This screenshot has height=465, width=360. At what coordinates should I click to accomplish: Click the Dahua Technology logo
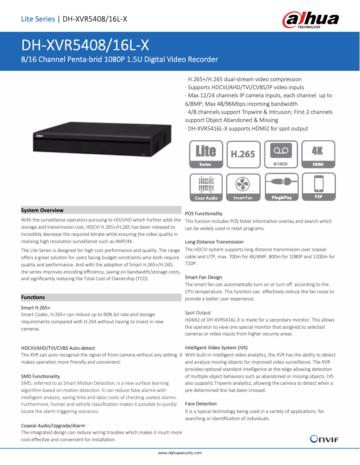click(x=310, y=20)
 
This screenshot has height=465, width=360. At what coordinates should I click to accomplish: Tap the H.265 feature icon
click(x=243, y=155)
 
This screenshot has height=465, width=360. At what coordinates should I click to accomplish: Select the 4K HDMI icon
click(x=318, y=155)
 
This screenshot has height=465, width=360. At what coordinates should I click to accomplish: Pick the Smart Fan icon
click(x=243, y=187)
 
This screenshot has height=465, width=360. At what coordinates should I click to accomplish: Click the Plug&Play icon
click(x=281, y=187)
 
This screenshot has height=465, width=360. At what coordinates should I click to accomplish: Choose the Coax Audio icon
click(x=206, y=187)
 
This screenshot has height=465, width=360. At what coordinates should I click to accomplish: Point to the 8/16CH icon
click(x=281, y=155)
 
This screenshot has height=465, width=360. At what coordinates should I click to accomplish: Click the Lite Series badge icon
click(x=206, y=155)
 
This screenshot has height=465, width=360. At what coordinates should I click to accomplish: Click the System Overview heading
click(x=42, y=210)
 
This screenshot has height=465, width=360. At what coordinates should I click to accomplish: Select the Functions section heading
click(x=33, y=297)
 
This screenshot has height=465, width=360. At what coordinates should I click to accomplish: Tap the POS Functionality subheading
click(x=203, y=213)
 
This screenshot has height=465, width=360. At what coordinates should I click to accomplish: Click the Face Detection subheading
click(x=201, y=404)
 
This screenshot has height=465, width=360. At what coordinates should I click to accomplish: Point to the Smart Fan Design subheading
click(x=203, y=277)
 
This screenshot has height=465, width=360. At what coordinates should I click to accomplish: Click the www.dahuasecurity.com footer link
click(x=180, y=453)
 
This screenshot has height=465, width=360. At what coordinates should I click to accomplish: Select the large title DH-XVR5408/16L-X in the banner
click(x=85, y=45)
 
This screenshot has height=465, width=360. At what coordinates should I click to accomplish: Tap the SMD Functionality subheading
click(x=40, y=376)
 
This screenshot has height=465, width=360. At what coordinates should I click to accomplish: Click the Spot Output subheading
click(x=198, y=313)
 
